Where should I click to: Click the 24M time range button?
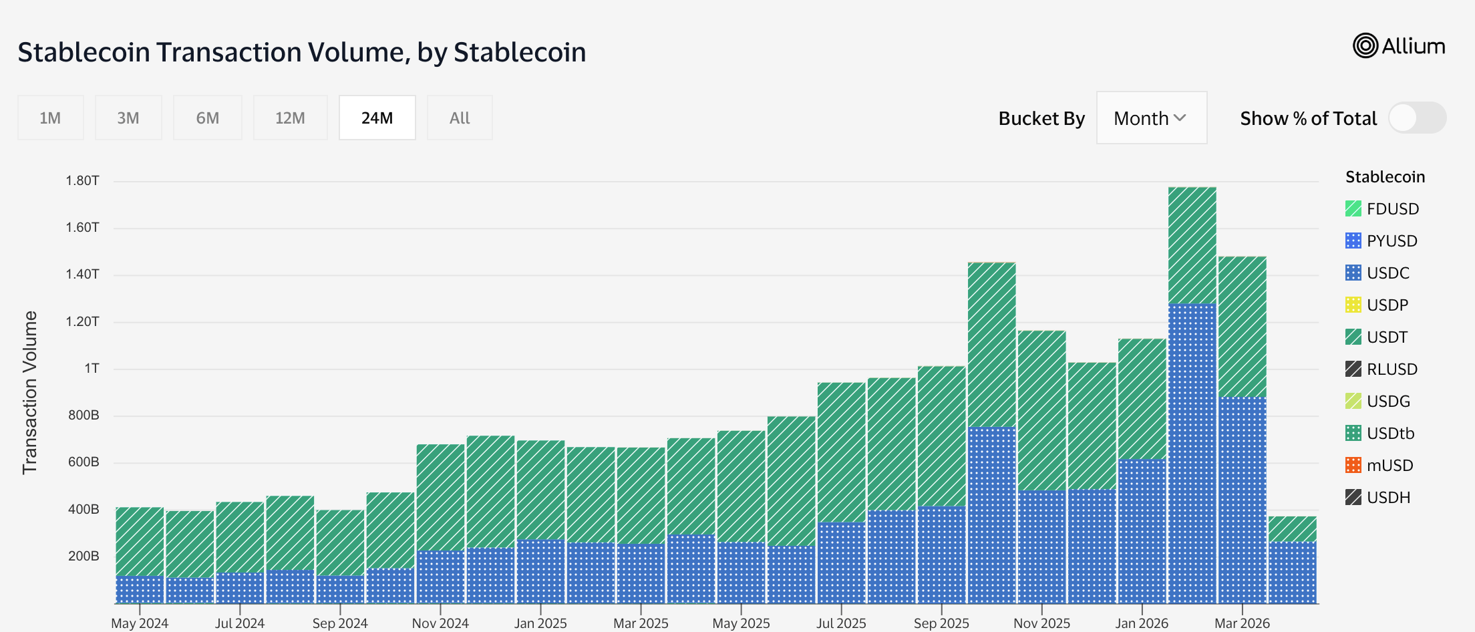(377, 118)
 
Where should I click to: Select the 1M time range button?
(50, 118)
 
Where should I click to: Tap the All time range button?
(460, 118)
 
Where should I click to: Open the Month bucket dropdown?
(1151, 118)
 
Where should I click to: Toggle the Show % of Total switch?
(1416, 118)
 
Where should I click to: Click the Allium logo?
(1399, 46)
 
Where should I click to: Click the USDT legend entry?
(1387, 337)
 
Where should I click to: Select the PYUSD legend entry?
(1391, 241)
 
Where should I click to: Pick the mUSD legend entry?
(1389, 466)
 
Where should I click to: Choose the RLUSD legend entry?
(1391, 369)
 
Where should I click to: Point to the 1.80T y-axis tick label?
(82, 181)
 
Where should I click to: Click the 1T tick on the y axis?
(92, 369)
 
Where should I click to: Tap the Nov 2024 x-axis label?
(440, 623)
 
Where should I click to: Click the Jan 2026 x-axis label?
(1142, 623)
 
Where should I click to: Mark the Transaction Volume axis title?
(30, 393)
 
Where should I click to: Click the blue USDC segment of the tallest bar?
(1192, 454)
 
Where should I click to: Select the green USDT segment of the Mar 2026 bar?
(1242, 327)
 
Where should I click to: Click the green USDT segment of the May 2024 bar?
(140, 541)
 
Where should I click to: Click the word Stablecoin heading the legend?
(1385, 177)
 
